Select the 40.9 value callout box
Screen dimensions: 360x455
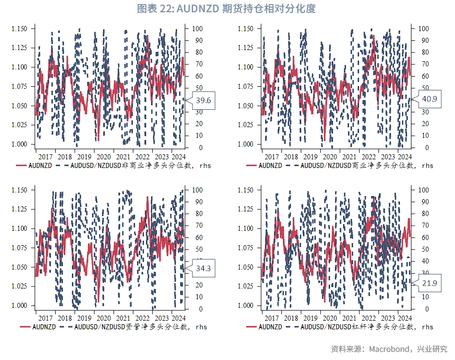(429, 99)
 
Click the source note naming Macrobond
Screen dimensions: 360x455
(389, 349)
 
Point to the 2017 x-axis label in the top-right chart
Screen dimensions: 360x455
(272, 157)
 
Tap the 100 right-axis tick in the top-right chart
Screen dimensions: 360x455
(423, 29)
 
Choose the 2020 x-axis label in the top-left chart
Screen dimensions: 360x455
(103, 157)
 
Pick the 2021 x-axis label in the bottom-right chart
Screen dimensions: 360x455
(349, 318)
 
